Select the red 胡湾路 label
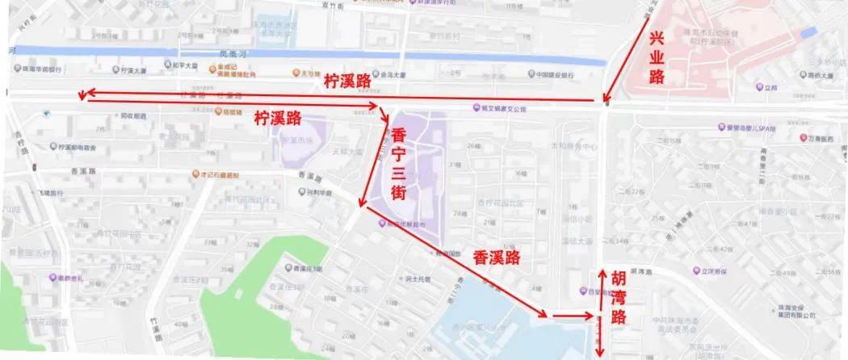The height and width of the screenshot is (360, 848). pos(619,295)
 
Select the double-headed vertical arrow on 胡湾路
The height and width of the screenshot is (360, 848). pos(599,314)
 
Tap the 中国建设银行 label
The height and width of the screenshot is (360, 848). pos(555,75)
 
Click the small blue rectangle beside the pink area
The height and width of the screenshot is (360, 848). pos(808,31)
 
